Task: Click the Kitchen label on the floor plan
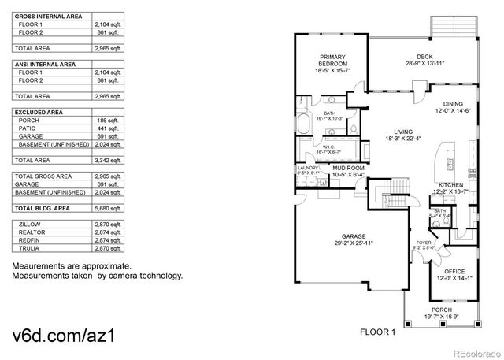pyautogui.click(x=450, y=187)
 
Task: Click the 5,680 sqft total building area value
pyautogui.click(x=109, y=209)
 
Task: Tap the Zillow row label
pyautogui.click(x=29, y=225)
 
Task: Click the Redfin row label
pyautogui.click(x=28, y=240)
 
